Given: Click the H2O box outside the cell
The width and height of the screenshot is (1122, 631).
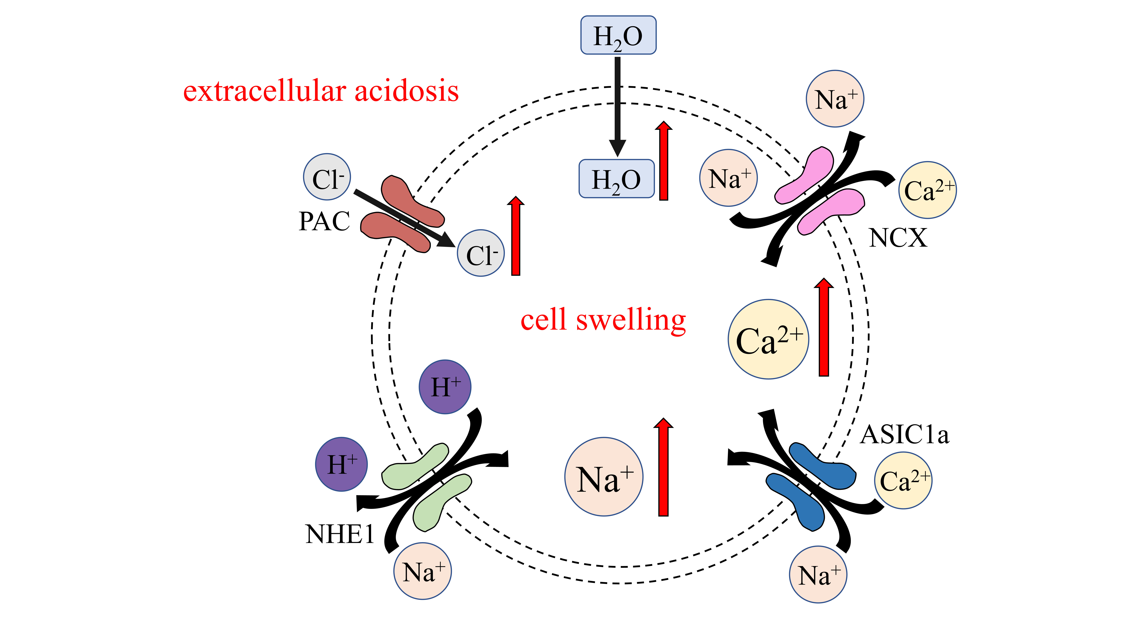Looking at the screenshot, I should pos(618,35).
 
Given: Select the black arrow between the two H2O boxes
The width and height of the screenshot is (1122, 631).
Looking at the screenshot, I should pos(618,104).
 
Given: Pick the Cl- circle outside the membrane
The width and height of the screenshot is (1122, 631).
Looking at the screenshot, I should pos(327,177).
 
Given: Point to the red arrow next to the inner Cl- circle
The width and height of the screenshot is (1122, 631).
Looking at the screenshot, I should pos(516,236).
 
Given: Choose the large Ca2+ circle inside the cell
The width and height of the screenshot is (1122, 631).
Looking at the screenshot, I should pos(768,339).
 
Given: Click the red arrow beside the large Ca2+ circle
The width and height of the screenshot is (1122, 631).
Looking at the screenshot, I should pos(824,327).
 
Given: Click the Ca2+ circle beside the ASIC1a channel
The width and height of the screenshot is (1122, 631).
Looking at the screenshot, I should pos(903,480).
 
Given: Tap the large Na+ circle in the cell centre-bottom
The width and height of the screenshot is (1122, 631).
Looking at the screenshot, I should pos(604,477).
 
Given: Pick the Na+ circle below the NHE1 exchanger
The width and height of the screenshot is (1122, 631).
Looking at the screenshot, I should pos(422,571).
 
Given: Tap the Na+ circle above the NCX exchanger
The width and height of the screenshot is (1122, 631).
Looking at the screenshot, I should pos(835,99).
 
